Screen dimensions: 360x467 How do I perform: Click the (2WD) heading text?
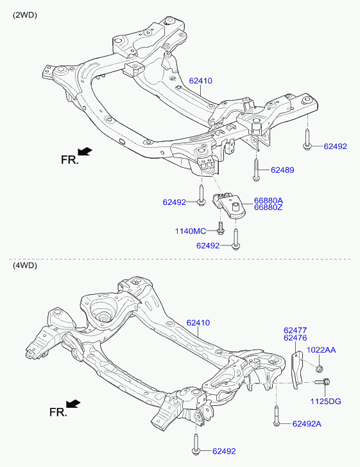[24, 15]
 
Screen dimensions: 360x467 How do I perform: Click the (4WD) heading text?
[24, 265]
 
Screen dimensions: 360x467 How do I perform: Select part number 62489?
[282, 170]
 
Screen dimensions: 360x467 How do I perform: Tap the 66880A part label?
[268, 200]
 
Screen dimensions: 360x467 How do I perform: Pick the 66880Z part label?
[268, 207]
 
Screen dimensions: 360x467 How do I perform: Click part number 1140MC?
[190, 231]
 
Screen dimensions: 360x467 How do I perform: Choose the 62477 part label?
[295, 330]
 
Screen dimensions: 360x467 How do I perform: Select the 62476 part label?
[295, 338]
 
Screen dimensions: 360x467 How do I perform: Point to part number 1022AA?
[321, 350]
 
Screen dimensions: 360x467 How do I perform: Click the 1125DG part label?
[326, 401]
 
